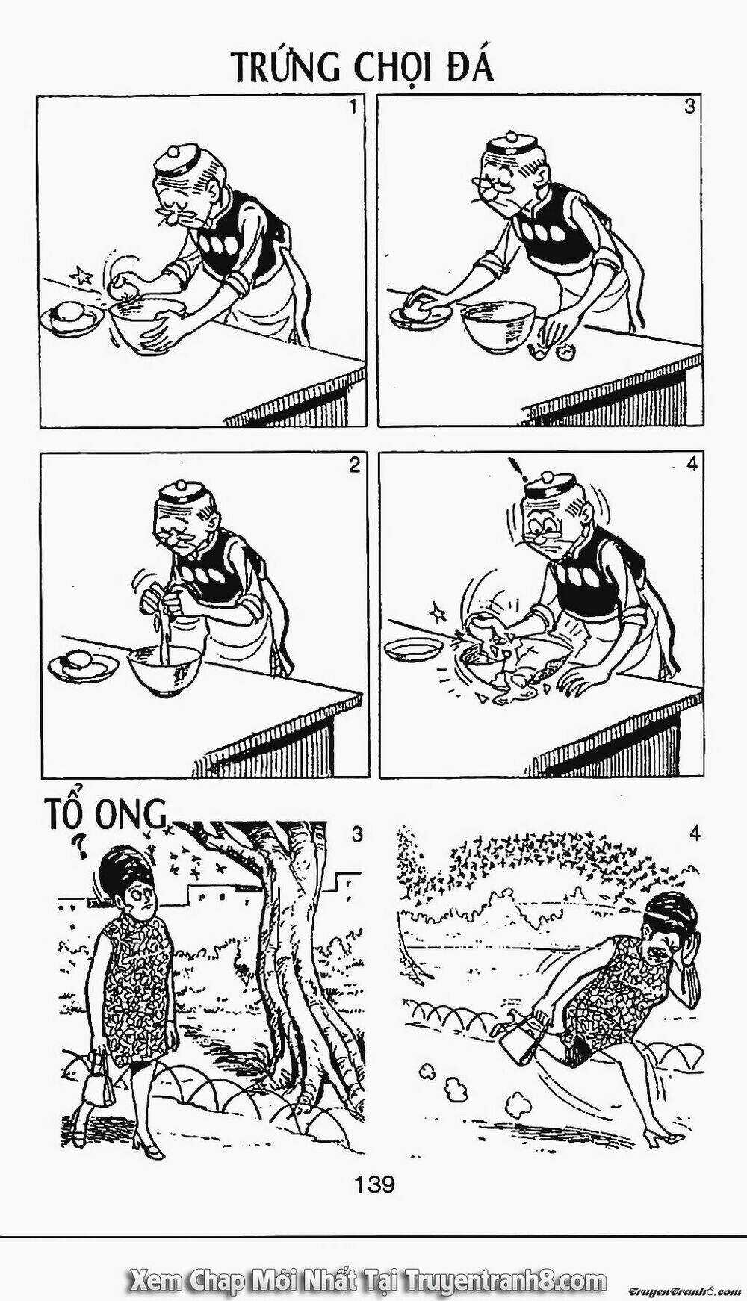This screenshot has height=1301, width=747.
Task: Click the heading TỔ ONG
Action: tap(105, 813)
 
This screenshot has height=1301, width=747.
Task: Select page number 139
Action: tap(374, 1184)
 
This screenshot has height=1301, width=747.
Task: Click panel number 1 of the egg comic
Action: tap(353, 107)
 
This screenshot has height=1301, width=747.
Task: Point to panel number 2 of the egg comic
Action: tap(354, 465)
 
